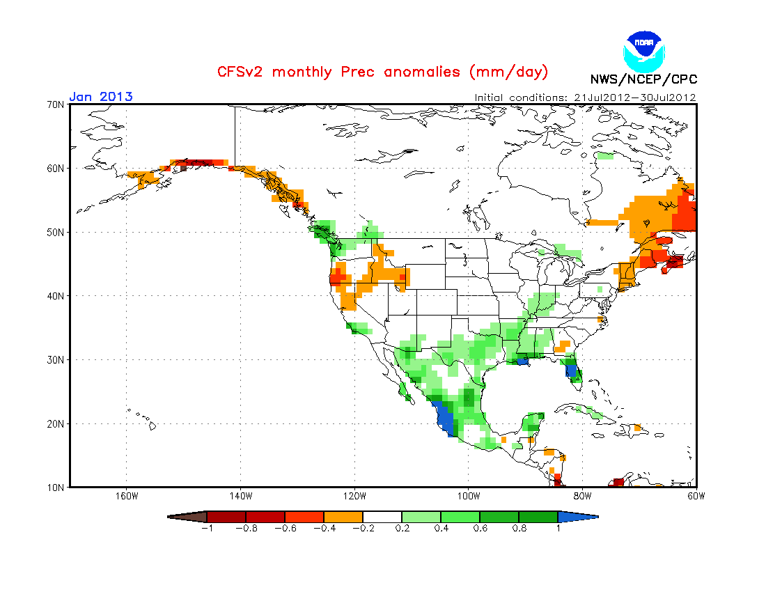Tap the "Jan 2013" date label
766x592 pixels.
click(101, 96)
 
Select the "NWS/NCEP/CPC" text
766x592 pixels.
click(643, 79)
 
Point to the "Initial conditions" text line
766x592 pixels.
click(585, 98)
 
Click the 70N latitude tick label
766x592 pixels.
click(56, 104)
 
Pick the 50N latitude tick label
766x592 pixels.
click(56, 232)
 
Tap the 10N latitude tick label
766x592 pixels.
click(56, 487)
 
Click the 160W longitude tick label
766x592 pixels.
click(126, 497)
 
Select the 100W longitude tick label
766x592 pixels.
click(469, 497)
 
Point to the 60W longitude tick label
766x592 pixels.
click(696, 497)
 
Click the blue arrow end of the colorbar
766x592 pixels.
click(578, 517)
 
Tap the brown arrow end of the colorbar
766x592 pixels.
click(187, 517)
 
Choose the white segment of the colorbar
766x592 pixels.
click(382, 517)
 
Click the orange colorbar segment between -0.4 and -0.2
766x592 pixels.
click(343, 517)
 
